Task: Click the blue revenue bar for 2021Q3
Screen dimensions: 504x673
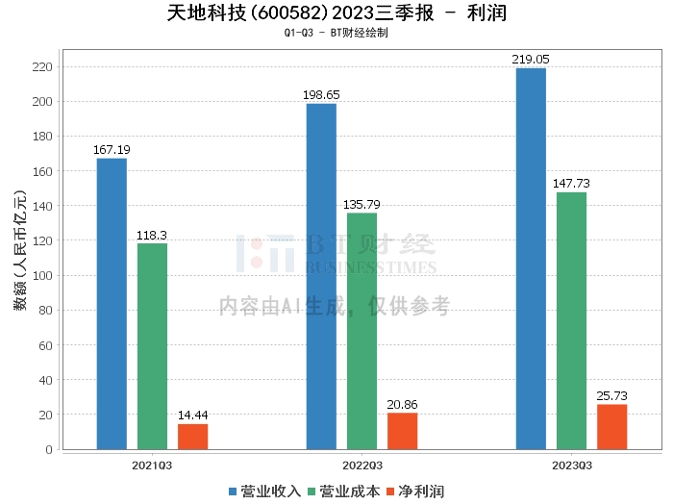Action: [112, 303]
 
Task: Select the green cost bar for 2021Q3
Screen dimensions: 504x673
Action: [152, 346]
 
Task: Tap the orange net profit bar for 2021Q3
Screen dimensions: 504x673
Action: [192, 437]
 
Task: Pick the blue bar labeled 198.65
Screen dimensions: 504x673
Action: [321, 276]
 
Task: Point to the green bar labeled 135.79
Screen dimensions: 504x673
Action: [361, 331]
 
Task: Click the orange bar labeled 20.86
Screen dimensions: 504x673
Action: [402, 431]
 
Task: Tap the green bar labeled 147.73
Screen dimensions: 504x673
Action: [571, 320]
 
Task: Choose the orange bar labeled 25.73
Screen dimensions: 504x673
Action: [611, 427]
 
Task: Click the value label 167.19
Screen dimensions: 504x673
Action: [112, 151]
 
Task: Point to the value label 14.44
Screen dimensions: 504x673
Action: [192, 416]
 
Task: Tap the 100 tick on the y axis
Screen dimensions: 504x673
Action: [40, 275]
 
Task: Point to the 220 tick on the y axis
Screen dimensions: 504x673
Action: [40, 66]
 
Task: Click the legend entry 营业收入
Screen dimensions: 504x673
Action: [264, 491]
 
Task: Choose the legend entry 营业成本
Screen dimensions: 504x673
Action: [343, 491]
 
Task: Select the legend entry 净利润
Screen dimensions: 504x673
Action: [415, 491]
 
